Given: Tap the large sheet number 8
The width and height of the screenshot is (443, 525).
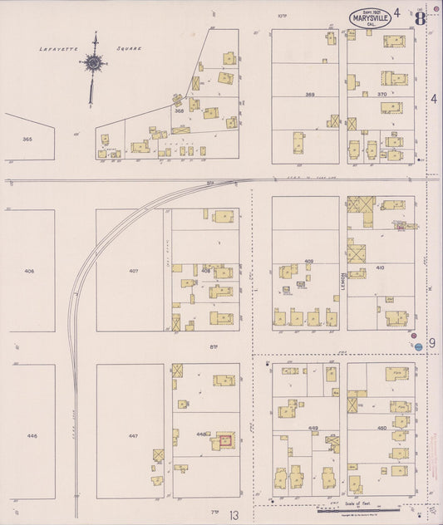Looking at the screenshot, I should point(421,16).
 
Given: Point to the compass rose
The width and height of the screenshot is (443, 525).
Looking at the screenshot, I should point(94,64).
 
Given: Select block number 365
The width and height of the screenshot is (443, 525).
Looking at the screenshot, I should point(27,139).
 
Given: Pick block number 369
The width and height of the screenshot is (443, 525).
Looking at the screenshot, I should point(310,95).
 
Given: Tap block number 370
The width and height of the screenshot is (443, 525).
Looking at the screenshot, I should point(381,95).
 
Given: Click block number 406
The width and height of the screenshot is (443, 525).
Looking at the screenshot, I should point(30,271).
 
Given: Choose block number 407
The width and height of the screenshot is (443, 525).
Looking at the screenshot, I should point(132,271).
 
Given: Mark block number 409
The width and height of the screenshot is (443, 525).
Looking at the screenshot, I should point(308,262).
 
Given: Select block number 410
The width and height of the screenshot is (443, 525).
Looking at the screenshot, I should point(381,268).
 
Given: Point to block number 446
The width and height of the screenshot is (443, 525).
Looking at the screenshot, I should point(32,435).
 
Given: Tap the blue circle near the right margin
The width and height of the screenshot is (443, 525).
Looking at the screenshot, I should point(419,346).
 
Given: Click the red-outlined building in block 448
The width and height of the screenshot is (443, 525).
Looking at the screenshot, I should point(224,441).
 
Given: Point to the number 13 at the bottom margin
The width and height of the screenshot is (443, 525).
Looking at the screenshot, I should point(235,516).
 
